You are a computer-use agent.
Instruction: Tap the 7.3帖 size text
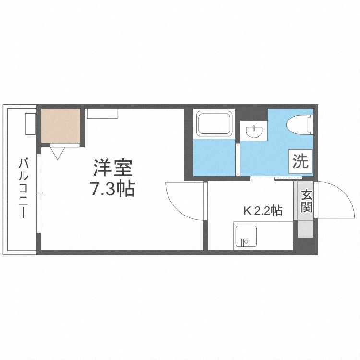112,189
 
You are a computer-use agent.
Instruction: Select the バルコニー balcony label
23,188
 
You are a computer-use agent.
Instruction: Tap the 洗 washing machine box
300,161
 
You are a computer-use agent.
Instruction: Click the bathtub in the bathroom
214,123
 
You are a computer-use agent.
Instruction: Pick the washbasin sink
254,132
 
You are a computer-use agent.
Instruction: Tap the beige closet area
60,126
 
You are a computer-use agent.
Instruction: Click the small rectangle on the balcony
30,124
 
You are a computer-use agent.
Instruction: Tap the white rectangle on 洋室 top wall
103,113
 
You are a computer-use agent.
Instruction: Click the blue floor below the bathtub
214,157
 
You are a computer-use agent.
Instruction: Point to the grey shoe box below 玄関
306,229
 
